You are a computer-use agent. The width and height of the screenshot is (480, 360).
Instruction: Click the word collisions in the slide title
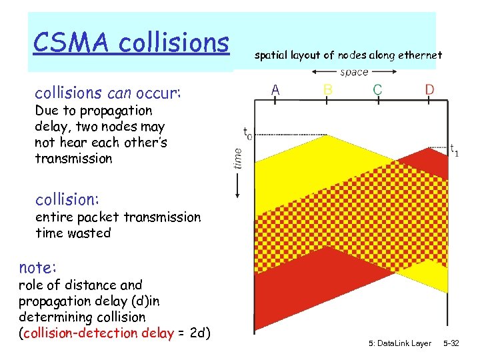pos(174,43)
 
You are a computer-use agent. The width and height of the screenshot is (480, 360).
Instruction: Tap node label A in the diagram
pos(275,89)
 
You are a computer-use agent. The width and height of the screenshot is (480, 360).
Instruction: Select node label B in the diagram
pos(327,89)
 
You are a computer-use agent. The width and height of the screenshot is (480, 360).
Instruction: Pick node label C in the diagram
pos(377,89)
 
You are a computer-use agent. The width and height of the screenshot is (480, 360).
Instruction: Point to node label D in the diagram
pos(430,89)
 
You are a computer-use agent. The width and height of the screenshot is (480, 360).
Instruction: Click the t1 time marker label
pos(453,151)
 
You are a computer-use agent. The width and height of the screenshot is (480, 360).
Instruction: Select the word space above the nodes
pos(354,72)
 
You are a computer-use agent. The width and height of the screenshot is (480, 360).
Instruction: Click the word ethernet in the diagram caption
pos(419,56)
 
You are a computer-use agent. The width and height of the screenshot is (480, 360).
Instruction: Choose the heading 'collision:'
pos(67,199)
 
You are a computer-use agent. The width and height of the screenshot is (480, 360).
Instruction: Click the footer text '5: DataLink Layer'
pos(399,343)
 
